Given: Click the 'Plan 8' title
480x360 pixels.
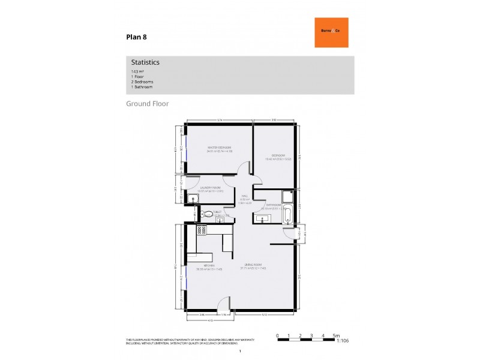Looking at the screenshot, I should pos(136,37).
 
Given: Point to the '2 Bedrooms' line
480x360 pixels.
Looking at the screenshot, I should pos(142,82).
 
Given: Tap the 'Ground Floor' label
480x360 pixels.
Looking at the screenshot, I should pos(147,104).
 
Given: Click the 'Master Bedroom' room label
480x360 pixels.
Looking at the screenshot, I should pos(220,148).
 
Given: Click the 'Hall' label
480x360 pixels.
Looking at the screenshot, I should pos(245,196).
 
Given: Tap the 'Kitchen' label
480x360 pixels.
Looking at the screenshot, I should pos(209,265).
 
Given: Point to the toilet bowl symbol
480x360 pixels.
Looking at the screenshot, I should pos(208,214).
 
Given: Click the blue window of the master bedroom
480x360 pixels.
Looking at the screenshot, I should pos(187,148).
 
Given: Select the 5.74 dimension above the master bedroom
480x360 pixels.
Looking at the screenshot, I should pos(220,121).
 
